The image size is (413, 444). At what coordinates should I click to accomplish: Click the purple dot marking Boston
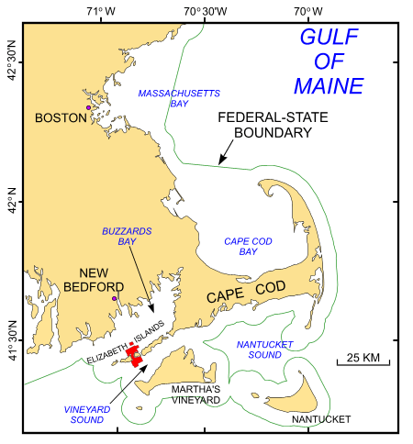point(88,108)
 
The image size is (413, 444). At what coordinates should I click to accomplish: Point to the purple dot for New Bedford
point(115,298)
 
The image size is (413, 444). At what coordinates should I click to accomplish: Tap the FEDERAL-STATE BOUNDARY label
point(264,126)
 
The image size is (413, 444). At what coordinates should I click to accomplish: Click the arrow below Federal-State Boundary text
point(224,158)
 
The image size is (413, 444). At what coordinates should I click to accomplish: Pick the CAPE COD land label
point(246,295)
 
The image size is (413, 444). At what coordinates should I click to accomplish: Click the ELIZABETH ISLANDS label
point(126,344)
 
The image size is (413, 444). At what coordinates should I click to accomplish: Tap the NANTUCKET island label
point(321,419)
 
